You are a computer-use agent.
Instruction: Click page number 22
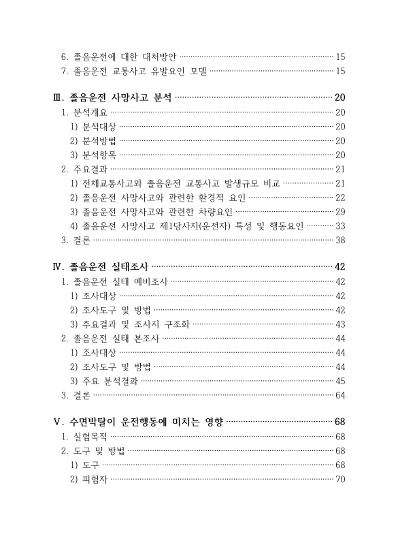(x=341, y=198)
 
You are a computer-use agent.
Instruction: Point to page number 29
(x=341, y=212)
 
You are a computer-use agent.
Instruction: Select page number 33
(x=341, y=226)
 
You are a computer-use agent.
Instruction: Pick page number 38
(x=341, y=240)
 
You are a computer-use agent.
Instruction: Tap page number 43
(x=341, y=324)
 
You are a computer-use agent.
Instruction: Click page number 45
(x=341, y=381)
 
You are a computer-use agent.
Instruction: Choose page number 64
(x=341, y=394)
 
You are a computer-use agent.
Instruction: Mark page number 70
(x=341, y=479)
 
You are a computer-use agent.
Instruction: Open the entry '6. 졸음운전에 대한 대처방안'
(x=118, y=57)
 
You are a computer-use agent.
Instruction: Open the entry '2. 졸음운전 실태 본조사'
(x=110, y=338)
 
